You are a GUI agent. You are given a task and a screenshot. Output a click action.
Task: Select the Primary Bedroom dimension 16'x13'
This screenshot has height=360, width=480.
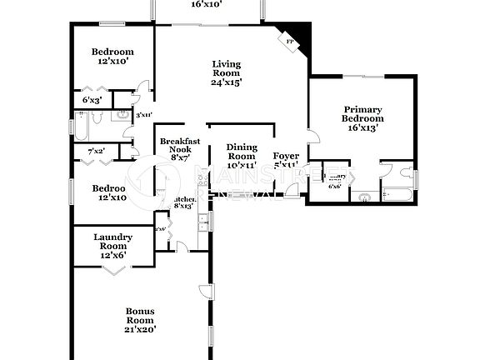(x=362, y=127)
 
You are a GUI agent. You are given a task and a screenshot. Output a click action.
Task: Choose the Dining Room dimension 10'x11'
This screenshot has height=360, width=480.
(x=242, y=166)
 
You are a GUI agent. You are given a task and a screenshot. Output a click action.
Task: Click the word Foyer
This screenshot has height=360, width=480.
(x=287, y=156)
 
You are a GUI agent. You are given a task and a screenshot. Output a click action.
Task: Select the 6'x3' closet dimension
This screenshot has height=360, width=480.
(x=92, y=100)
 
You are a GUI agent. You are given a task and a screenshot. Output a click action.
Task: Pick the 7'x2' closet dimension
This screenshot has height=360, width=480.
(x=97, y=151)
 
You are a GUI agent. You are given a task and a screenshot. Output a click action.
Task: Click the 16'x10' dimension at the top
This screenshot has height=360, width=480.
(x=206, y=4)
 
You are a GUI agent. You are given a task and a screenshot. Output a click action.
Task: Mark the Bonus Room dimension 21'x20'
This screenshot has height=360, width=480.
(x=140, y=328)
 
